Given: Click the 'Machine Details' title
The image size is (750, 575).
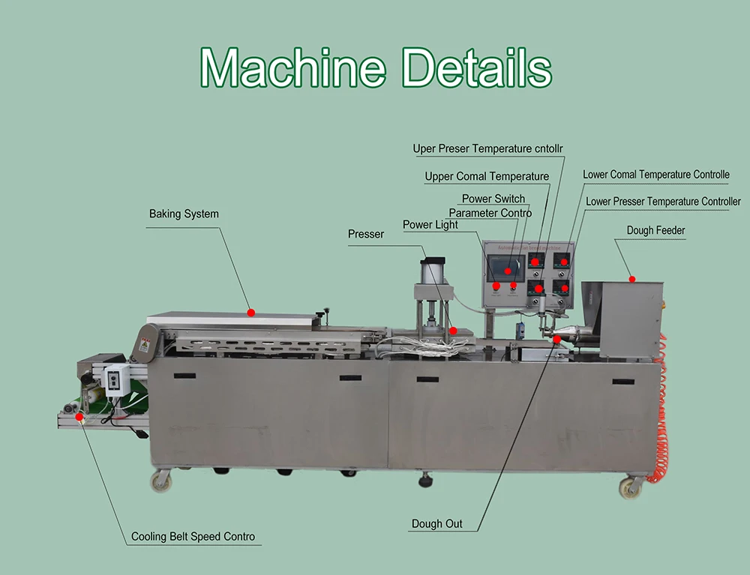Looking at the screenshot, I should tap(376, 68).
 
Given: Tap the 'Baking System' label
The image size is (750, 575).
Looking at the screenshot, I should tap(184, 214).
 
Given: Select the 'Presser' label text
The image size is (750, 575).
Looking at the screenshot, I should tap(366, 235).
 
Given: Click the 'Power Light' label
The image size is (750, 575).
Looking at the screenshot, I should tap(430, 225).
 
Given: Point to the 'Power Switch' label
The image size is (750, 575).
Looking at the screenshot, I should tap(493, 199).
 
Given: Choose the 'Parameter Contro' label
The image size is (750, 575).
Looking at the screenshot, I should tap(490, 213).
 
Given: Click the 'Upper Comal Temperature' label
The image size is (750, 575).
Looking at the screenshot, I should tap(487, 177).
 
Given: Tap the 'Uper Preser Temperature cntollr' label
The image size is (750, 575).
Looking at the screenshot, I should tap(488, 149).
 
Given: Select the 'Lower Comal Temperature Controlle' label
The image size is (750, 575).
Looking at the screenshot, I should tap(656, 175).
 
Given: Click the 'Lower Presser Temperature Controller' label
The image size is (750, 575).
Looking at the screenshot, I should tap(663, 202).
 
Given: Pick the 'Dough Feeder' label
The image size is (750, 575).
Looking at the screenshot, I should tap(656, 231).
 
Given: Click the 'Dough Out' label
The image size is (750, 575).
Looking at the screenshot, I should tap(437, 524).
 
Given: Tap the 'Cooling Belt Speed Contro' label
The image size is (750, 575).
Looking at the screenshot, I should tap(193, 537).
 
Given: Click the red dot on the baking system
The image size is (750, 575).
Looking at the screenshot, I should tap(251, 313).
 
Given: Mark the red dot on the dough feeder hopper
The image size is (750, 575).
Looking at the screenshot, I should tap(632, 280).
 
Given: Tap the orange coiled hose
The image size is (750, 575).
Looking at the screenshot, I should tap(662, 420).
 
